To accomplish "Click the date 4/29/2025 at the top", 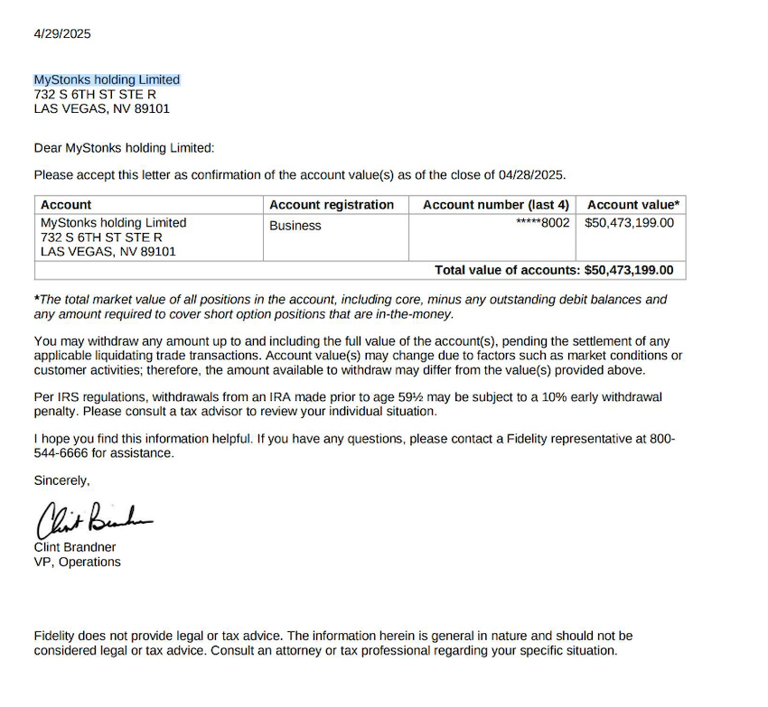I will point(62,34).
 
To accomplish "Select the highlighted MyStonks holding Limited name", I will point(107,79).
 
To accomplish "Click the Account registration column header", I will point(332,205).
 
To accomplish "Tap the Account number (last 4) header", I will point(495,205).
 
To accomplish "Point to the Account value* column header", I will point(633,205).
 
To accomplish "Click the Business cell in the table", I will point(295,226).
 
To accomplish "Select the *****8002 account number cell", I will point(542,223).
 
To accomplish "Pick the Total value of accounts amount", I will point(629,270).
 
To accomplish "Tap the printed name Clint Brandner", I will point(75,547).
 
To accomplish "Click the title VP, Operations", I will point(77,562).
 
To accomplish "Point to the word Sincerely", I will point(61,480).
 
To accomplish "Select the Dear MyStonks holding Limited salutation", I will point(124,148).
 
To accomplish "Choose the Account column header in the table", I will point(66,205).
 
